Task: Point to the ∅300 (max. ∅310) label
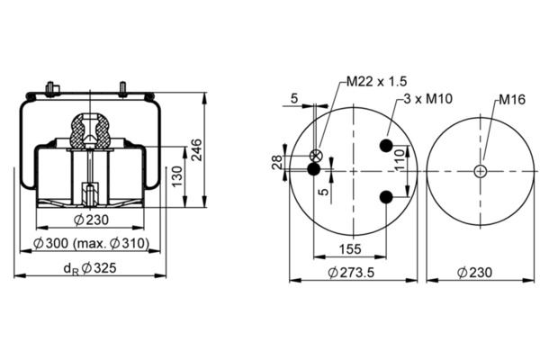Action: (92, 244)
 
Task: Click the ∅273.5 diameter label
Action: (352, 272)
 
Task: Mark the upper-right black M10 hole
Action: (386, 146)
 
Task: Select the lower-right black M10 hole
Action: (386, 197)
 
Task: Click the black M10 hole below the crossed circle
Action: (314, 169)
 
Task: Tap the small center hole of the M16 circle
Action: (481, 171)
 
